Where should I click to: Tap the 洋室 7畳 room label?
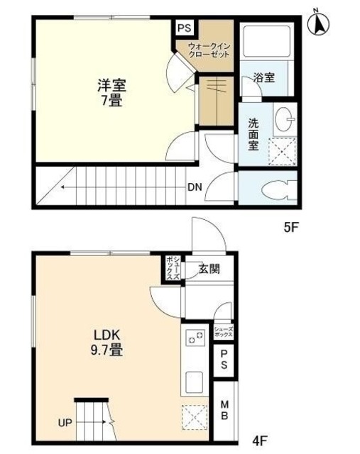111,92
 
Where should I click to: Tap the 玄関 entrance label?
209,269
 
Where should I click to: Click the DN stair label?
194,188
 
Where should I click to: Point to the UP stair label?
65,423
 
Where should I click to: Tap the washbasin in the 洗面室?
285,118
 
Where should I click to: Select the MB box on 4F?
224,409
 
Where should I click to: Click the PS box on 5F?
185,28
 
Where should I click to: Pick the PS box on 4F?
224,360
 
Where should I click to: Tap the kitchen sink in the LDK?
195,384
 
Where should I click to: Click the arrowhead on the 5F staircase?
62,188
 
